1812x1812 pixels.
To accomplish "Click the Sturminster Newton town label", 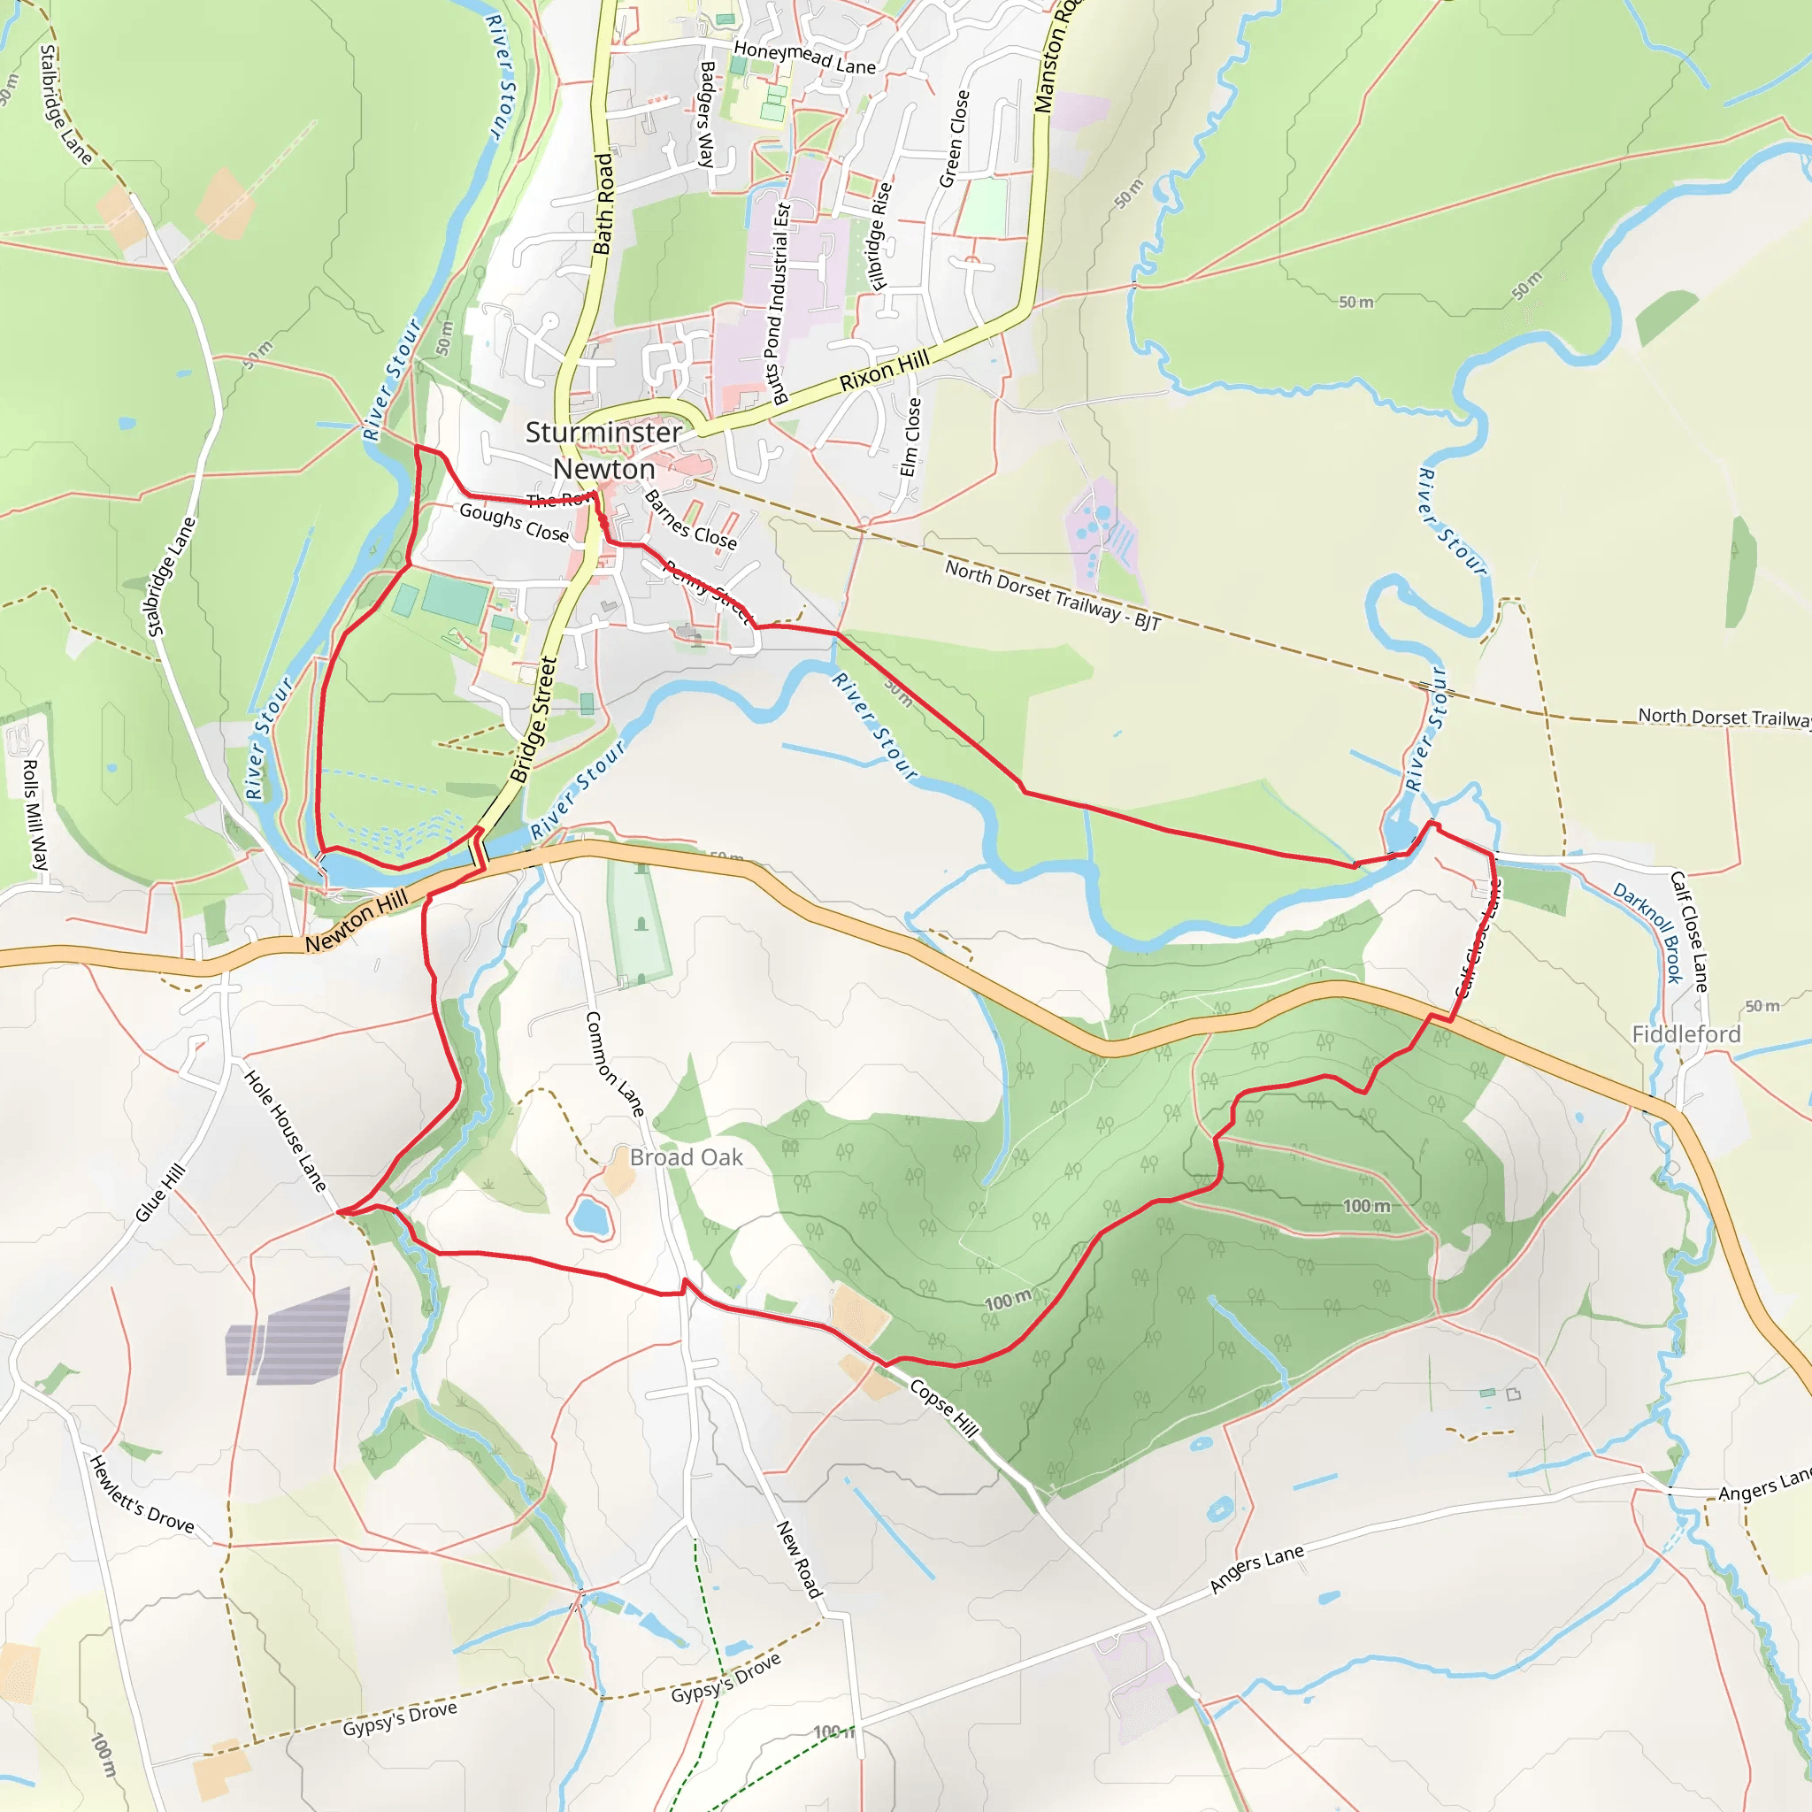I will point(603,450).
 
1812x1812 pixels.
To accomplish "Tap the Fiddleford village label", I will point(1685,1033).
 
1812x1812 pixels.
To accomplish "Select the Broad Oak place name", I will point(686,1157).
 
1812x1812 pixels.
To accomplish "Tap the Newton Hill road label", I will point(357,921).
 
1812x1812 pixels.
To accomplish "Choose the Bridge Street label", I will point(534,720).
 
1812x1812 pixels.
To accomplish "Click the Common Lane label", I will point(614,1063).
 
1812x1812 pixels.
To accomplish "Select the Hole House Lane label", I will point(285,1130).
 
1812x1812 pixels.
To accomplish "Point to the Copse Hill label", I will point(943,1408).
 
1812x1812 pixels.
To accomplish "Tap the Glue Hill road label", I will point(160,1193).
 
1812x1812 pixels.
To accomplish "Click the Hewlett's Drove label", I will point(141,1494).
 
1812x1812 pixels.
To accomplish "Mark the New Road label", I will point(799,1559).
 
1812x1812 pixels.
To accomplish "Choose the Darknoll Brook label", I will point(1647,933).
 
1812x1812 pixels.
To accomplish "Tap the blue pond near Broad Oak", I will point(591,1217).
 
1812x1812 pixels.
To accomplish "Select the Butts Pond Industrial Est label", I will point(779,303).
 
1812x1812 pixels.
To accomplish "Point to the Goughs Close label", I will point(514,522).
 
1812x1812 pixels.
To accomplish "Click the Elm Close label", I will point(910,436).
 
